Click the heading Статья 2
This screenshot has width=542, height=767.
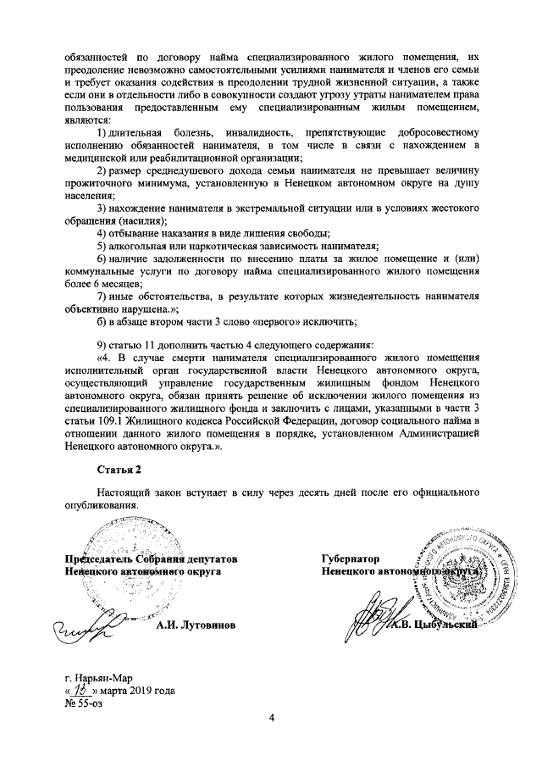click(x=118, y=469)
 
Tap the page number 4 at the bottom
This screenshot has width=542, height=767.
click(x=272, y=720)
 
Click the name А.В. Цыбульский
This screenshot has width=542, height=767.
click(x=435, y=626)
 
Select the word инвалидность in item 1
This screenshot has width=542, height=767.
click(x=259, y=134)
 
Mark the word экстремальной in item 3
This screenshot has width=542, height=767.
click(x=257, y=208)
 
